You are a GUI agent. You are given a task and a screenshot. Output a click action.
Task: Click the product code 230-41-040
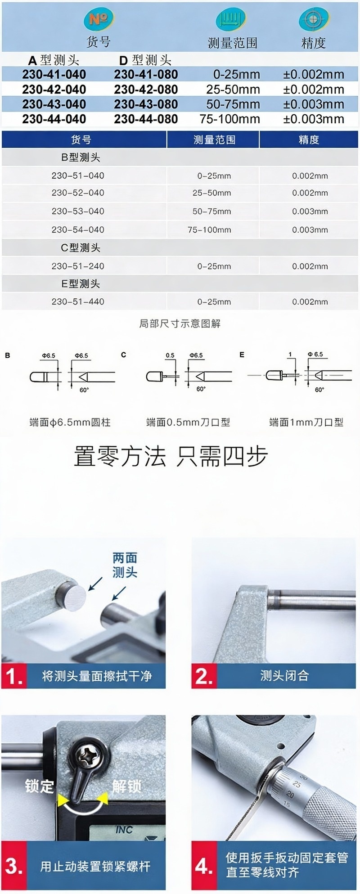point(54,74)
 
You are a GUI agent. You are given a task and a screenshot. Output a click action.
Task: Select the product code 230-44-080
point(146,119)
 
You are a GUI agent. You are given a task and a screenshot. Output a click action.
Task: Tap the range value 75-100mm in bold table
point(230,119)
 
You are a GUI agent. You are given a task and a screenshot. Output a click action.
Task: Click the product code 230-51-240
point(78,266)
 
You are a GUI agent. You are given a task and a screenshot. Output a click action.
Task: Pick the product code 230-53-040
point(78,211)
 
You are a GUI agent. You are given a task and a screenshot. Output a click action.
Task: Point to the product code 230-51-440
point(78,301)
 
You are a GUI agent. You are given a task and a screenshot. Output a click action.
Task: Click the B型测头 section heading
point(81,157)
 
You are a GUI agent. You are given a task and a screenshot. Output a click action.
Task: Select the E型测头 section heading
point(81,283)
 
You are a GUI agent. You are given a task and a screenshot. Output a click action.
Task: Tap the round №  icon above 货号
point(99,20)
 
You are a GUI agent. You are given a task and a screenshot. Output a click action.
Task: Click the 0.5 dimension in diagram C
point(170,355)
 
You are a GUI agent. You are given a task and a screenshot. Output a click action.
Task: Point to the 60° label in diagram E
point(319,390)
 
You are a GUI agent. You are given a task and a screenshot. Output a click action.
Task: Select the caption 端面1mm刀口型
point(306,422)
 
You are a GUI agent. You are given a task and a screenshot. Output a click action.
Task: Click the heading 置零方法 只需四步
point(171,456)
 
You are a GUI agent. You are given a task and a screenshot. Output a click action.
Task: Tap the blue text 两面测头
point(125,565)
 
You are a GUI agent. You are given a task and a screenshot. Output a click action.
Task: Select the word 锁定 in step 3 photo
point(40,786)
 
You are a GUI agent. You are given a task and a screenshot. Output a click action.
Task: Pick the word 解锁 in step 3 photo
point(126,786)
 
